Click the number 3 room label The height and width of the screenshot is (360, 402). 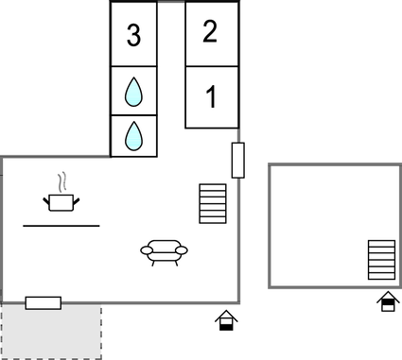[133, 37]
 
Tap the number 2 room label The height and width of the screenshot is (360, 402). [210, 31]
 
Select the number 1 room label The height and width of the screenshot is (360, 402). [212, 96]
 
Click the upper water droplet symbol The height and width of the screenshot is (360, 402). [133, 93]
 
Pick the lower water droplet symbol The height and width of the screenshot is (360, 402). [133, 136]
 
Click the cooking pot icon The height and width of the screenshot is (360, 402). [61, 200]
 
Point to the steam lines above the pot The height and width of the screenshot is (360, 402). [61, 180]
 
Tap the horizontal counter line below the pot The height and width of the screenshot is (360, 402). [61, 226]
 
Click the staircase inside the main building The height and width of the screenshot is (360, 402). [213, 203]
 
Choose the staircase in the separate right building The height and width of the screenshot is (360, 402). [381, 259]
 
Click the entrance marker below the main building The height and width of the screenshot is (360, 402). [225, 320]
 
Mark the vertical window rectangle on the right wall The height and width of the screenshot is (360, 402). [238, 161]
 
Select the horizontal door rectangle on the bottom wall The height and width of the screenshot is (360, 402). [44, 302]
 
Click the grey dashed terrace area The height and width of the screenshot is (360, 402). [51, 333]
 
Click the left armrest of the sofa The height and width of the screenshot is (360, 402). [145, 250]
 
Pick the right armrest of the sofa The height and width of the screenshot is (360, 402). [183, 250]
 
